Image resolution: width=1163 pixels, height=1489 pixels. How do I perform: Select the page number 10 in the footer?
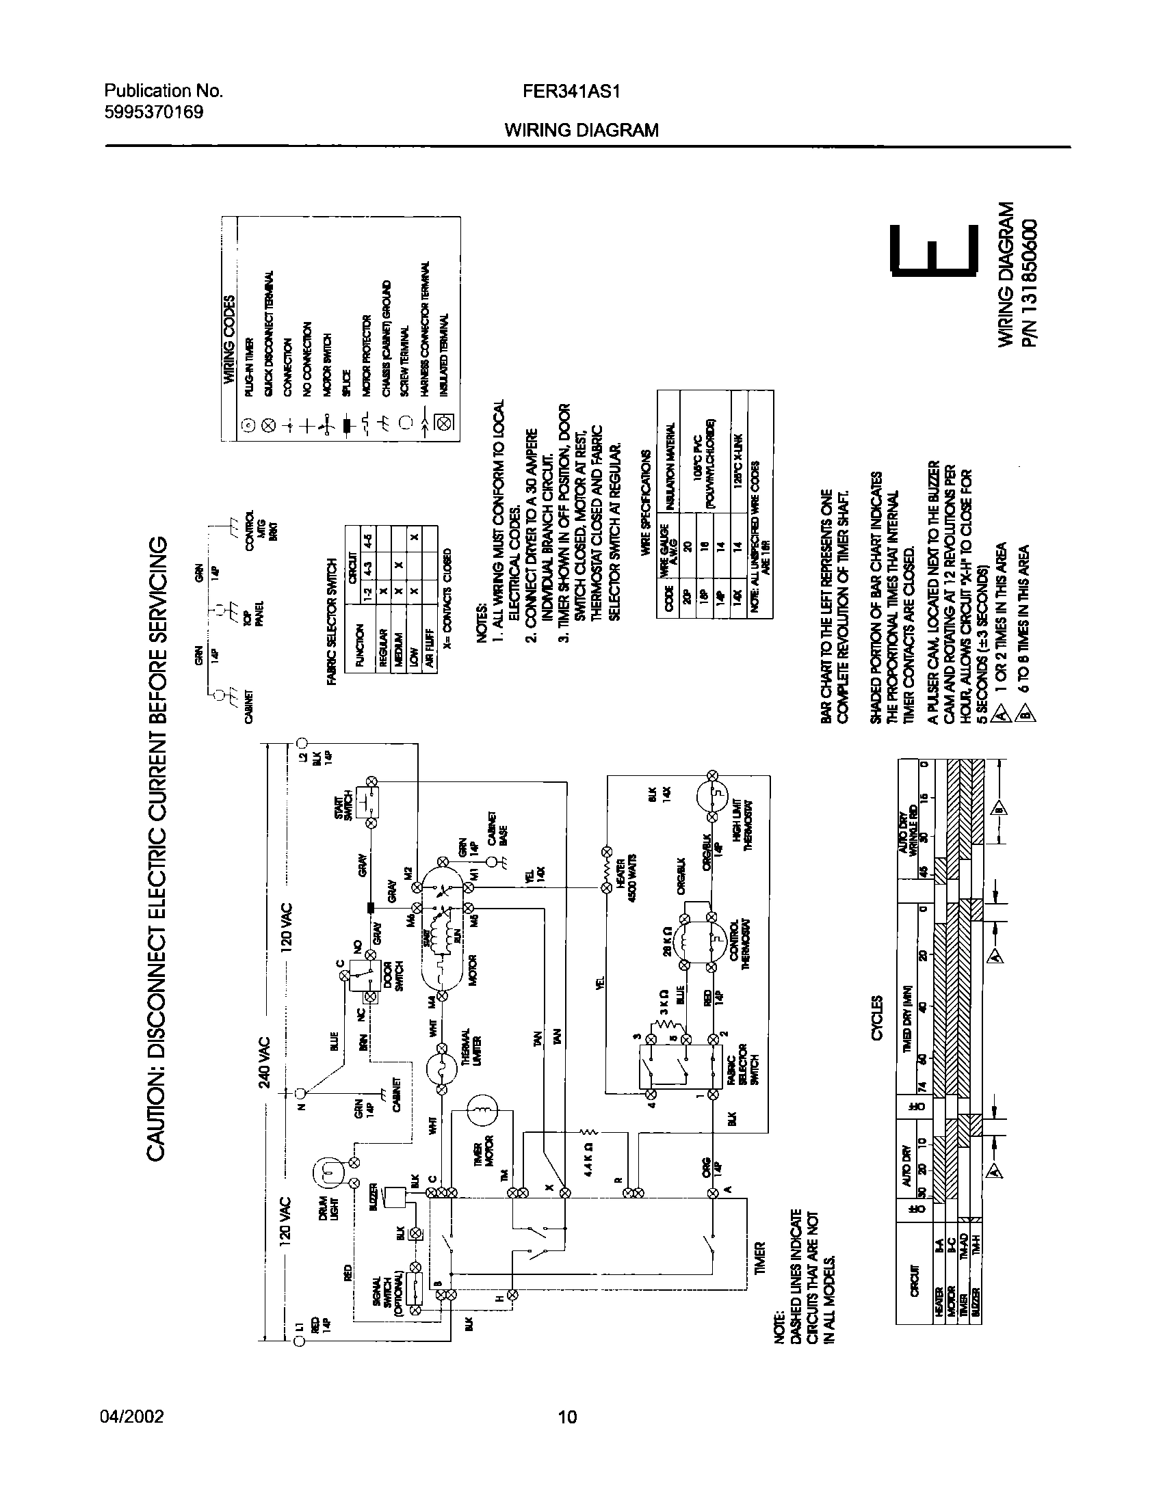568,1415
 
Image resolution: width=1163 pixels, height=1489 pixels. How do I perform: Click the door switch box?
361,974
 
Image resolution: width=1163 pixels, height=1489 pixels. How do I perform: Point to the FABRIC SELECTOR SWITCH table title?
333,621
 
